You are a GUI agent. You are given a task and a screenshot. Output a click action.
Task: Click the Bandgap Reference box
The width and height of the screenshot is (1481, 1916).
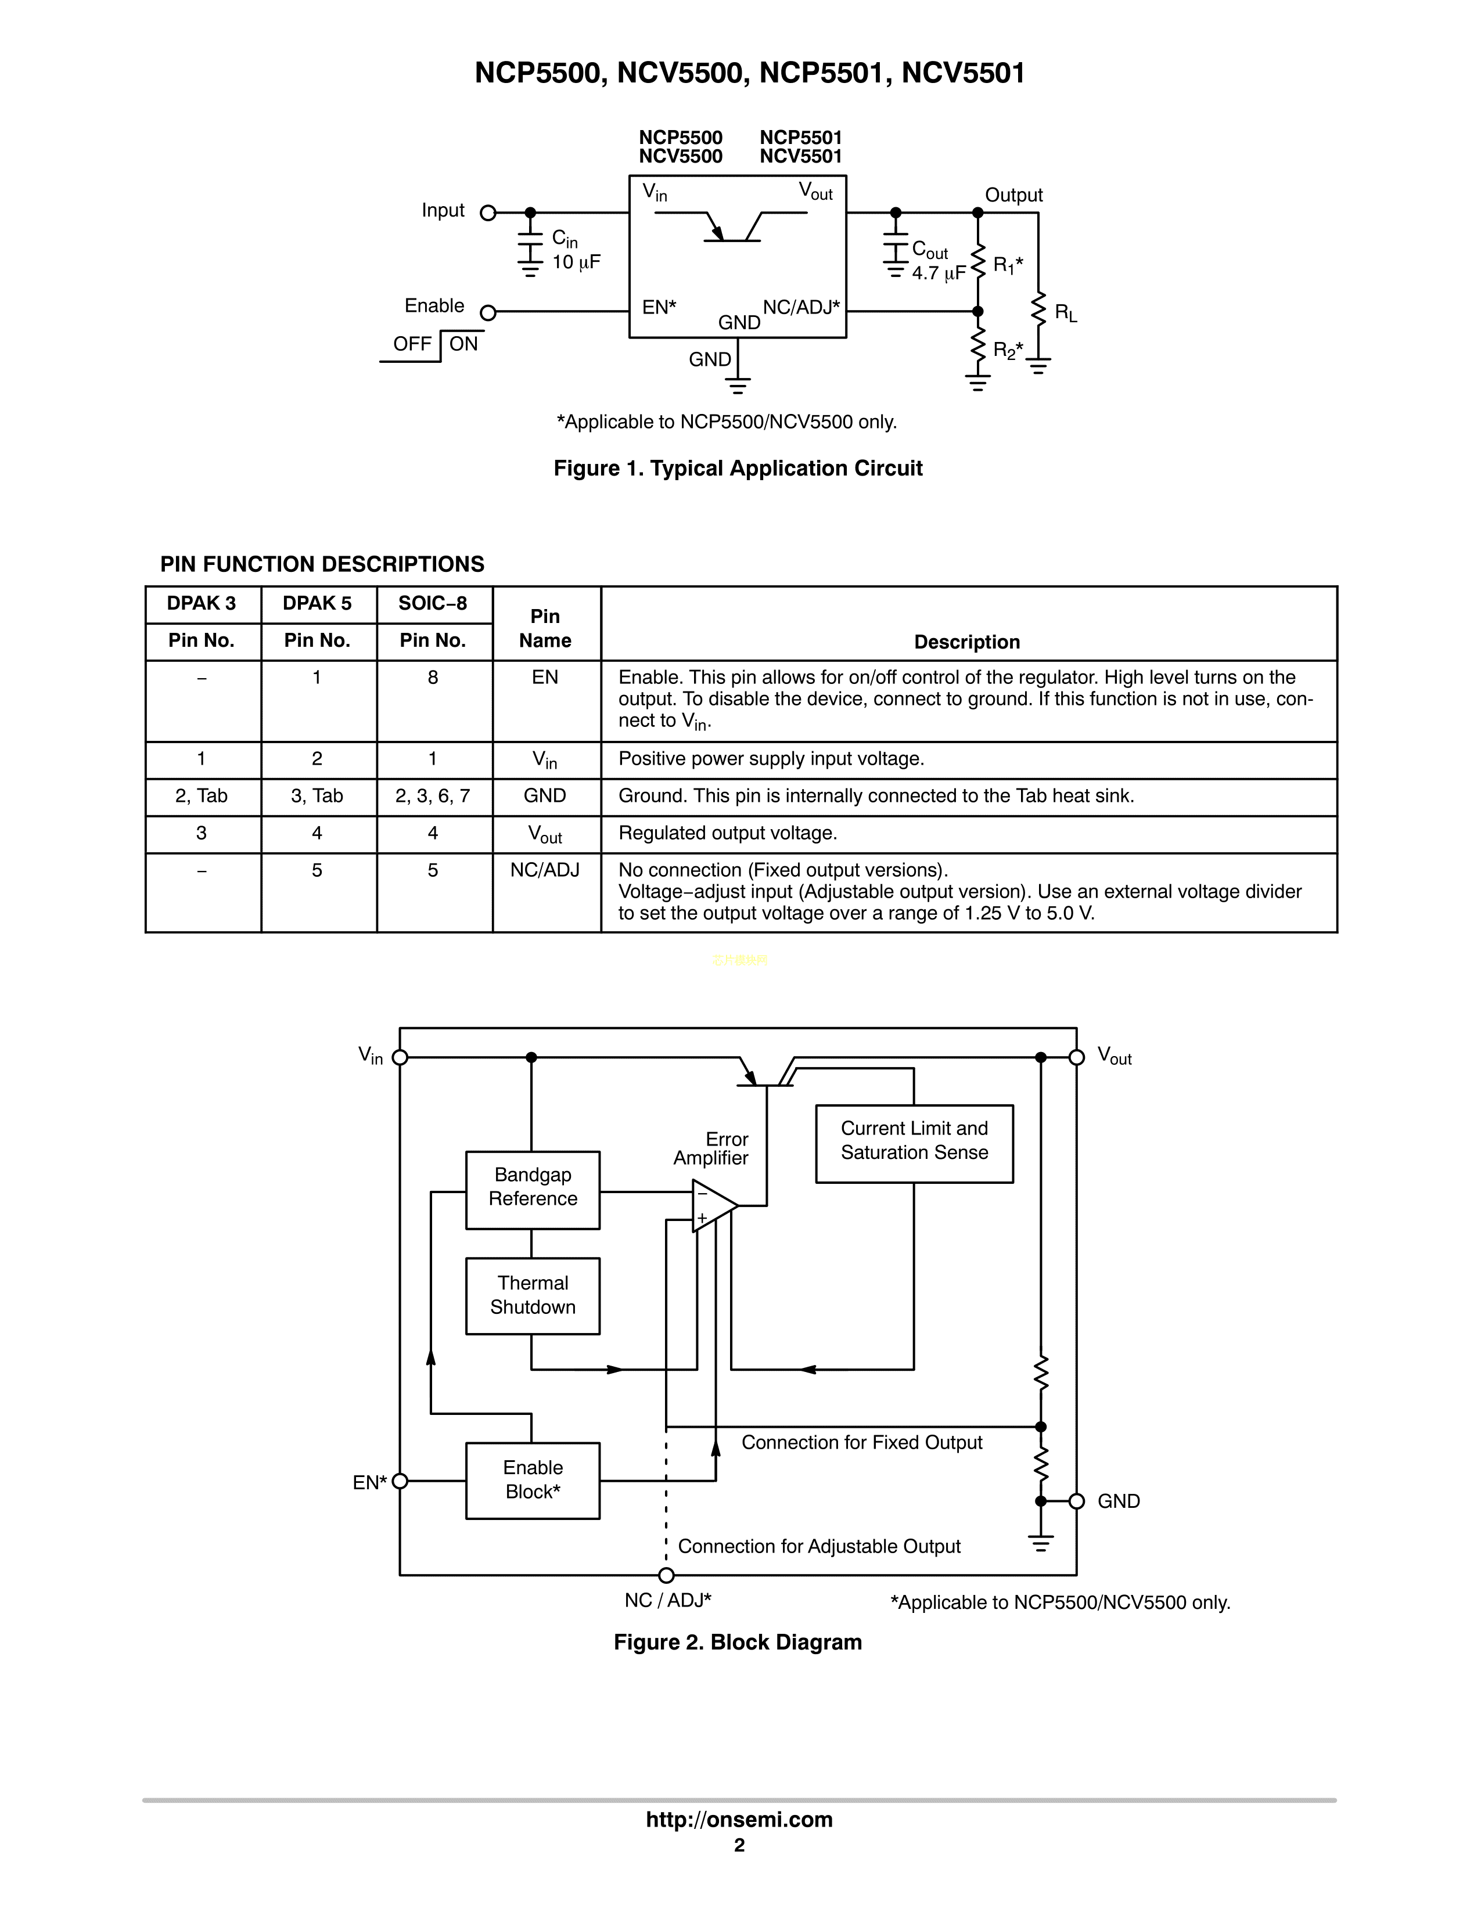click(533, 1190)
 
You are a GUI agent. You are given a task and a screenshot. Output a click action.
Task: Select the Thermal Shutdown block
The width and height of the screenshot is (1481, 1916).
click(533, 1296)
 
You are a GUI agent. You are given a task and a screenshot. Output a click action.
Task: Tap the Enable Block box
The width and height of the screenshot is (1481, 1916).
click(533, 1480)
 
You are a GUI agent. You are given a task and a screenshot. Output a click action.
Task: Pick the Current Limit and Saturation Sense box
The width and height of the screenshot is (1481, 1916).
click(914, 1143)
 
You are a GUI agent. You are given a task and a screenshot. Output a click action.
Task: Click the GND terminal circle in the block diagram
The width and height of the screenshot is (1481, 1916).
click(1077, 1501)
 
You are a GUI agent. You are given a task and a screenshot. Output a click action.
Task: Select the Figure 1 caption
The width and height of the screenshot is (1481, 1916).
click(738, 469)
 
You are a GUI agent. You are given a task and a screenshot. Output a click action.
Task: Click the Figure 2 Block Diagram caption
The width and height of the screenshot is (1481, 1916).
click(738, 1643)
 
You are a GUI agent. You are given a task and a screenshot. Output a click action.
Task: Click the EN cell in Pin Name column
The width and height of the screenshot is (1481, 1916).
click(545, 677)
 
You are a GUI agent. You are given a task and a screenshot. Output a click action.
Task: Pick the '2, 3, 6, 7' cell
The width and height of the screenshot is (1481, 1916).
click(433, 795)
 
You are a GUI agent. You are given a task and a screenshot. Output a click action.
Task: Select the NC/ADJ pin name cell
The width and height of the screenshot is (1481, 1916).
click(545, 870)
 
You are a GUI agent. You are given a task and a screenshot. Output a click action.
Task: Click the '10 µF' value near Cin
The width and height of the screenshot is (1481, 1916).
click(576, 262)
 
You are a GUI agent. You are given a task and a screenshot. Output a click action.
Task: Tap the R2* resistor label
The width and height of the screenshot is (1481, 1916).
click(1007, 351)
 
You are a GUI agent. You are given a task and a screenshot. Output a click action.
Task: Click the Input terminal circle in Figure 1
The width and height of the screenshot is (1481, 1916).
click(488, 213)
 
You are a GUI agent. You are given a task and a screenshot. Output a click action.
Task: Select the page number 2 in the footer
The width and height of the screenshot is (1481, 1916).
click(739, 1845)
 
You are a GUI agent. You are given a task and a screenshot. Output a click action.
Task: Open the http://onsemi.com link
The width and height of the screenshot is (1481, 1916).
click(739, 1820)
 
